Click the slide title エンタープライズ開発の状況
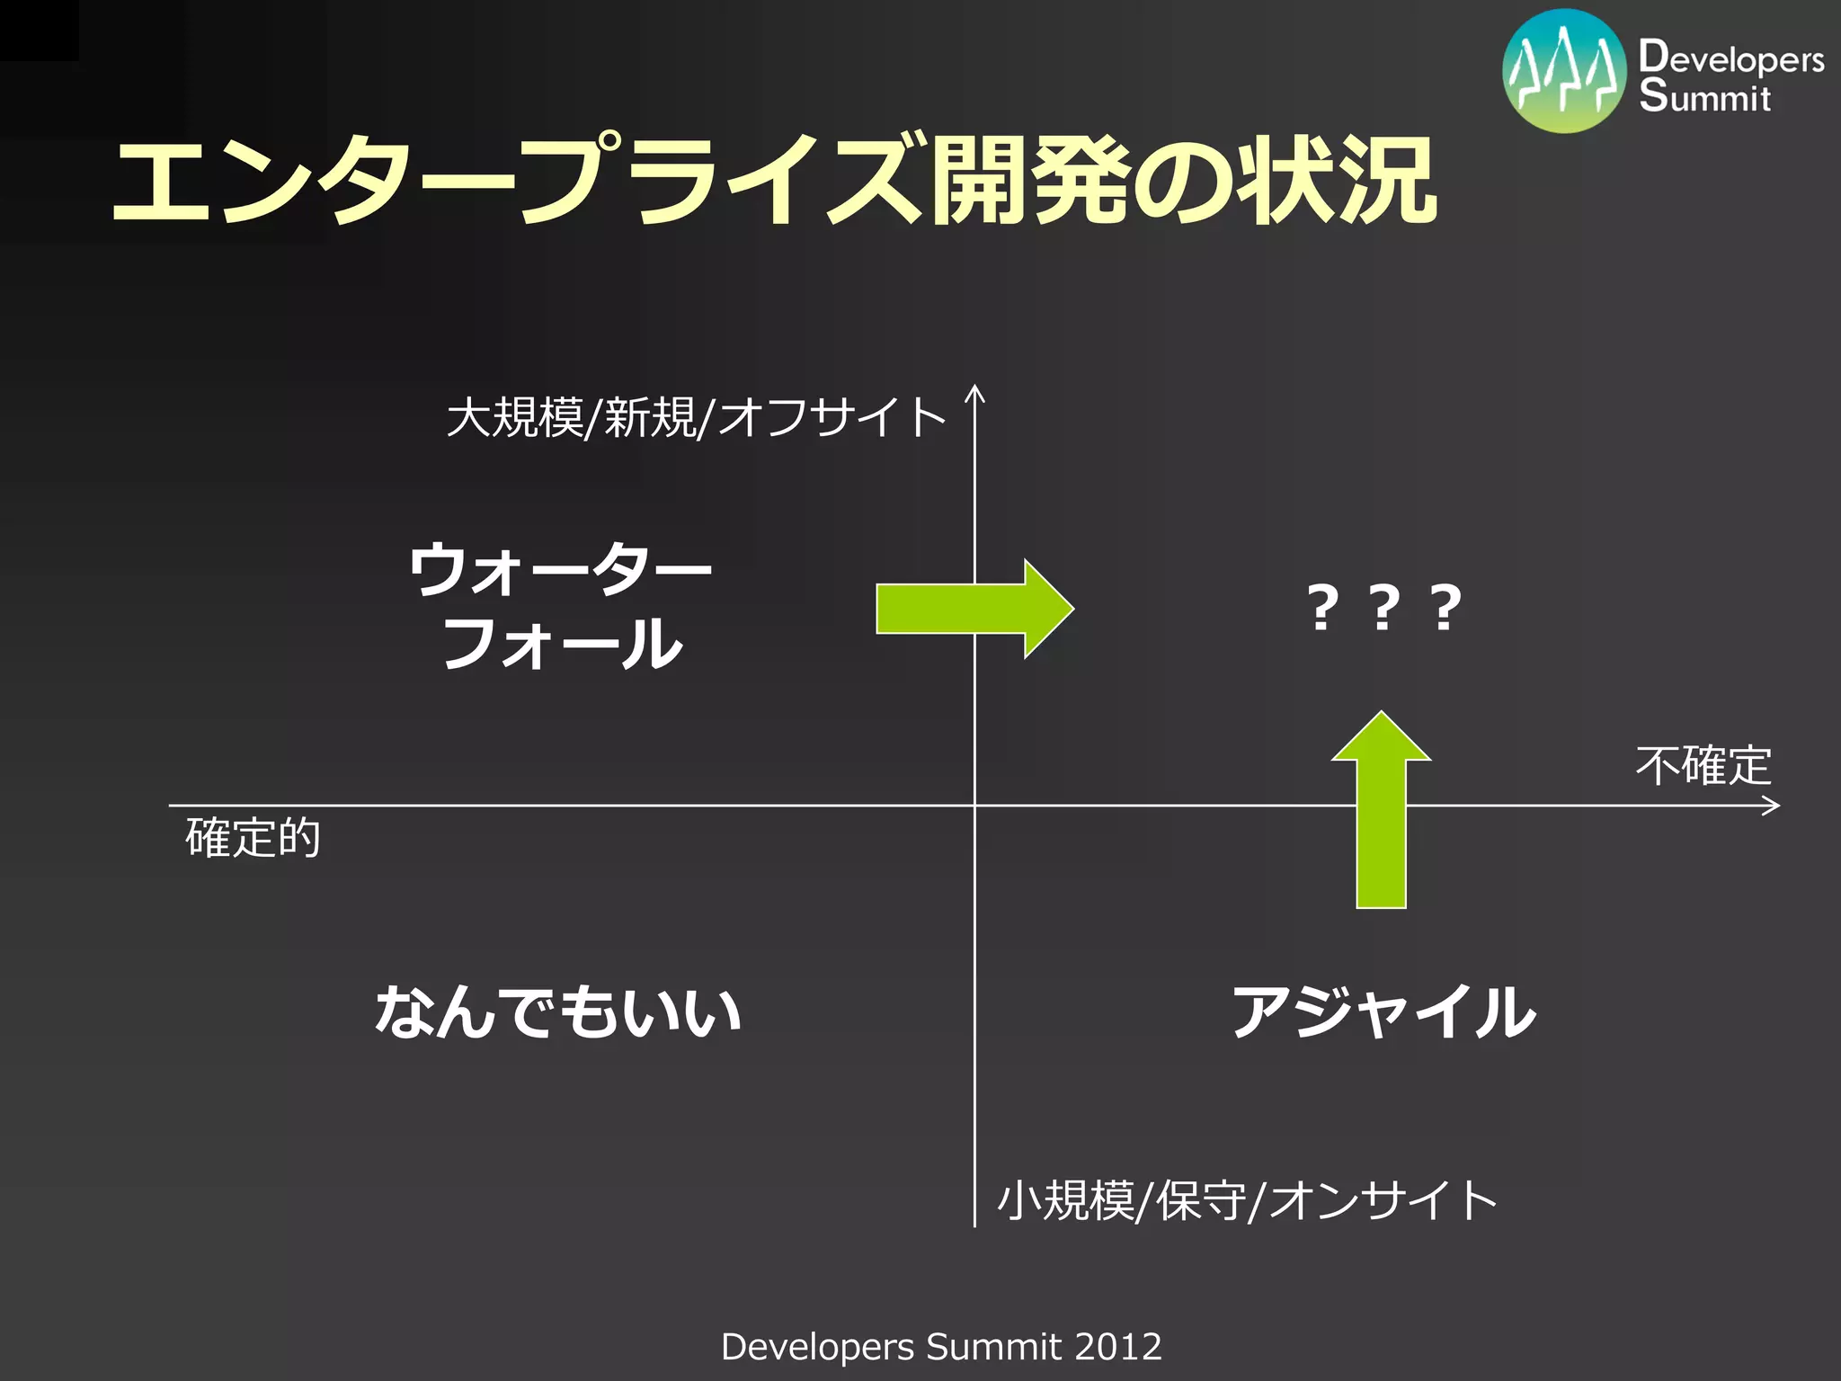pos(773,180)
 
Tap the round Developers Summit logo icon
pos(1564,71)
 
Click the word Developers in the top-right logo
pos(1731,58)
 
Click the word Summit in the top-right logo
pos(1704,96)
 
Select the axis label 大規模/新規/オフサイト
pos(696,418)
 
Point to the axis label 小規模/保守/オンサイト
pos(1247,1201)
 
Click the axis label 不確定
pos(1703,766)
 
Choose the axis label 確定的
pos(253,838)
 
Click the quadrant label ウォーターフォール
pos(561,606)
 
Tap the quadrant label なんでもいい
pos(558,1011)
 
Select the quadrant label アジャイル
pos(1383,1012)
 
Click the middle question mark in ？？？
pos(1383,608)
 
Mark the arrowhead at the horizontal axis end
pos(1773,806)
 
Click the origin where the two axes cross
pos(974,806)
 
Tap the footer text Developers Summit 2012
pos(941,1347)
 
